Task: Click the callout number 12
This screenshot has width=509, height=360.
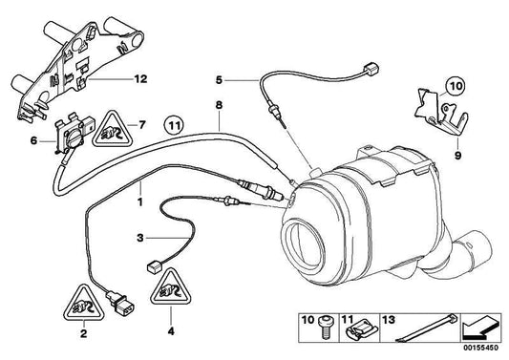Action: (x=141, y=79)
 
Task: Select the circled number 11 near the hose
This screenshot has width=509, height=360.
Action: (x=174, y=127)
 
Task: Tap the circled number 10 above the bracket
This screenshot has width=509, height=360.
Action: (x=455, y=86)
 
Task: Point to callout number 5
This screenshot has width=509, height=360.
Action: (x=219, y=80)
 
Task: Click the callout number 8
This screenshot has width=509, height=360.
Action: (x=220, y=105)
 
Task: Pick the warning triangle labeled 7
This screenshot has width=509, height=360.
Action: (x=113, y=130)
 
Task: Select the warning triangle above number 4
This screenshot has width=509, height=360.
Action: (x=171, y=287)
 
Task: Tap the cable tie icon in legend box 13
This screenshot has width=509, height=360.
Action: (x=426, y=328)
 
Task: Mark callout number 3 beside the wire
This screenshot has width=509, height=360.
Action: (x=140, y=238)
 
